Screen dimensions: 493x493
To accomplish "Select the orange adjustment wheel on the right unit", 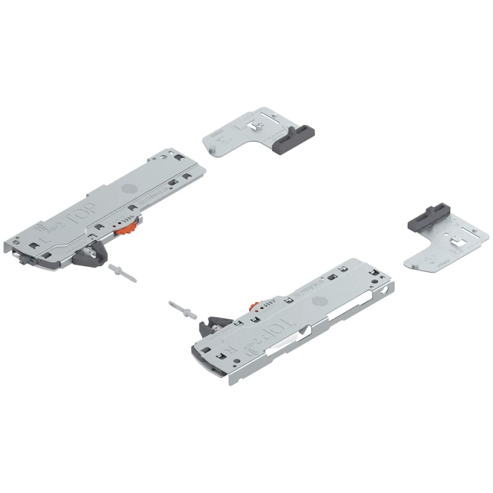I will (x=255, y=307).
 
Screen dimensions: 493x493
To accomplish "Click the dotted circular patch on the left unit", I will (x=126, y=188).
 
